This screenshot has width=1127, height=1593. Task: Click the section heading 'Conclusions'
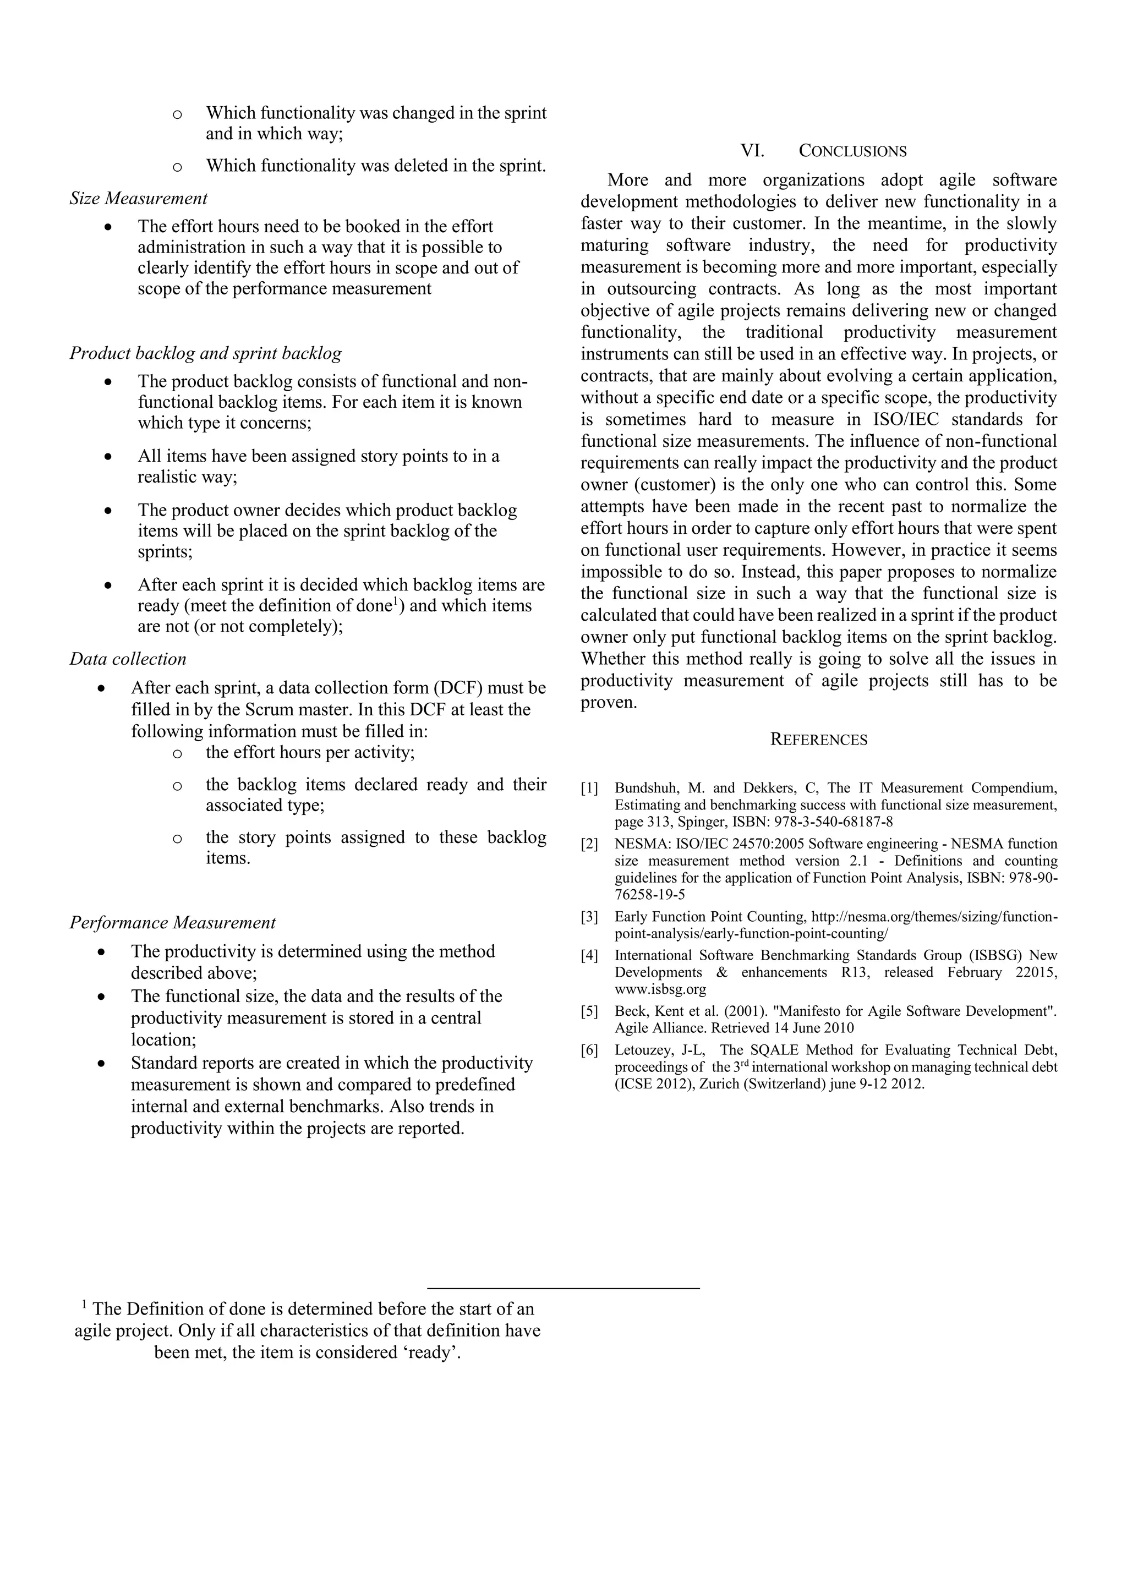pos(852,151)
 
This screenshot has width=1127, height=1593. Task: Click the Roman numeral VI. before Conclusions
pos(752,151)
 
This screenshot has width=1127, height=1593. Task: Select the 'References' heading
pos(818,740)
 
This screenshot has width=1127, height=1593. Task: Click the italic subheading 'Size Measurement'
pos(138,199)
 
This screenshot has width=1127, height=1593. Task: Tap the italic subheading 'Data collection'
pos(128,659)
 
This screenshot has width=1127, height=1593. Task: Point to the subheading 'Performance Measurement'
pos(172,923)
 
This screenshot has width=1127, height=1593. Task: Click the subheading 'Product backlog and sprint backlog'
pos(205,353)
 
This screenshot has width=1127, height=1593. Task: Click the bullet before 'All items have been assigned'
pos(107,457)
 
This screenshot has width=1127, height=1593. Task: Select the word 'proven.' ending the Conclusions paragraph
pos(609,703)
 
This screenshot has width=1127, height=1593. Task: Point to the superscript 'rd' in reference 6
pos(745,1063)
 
